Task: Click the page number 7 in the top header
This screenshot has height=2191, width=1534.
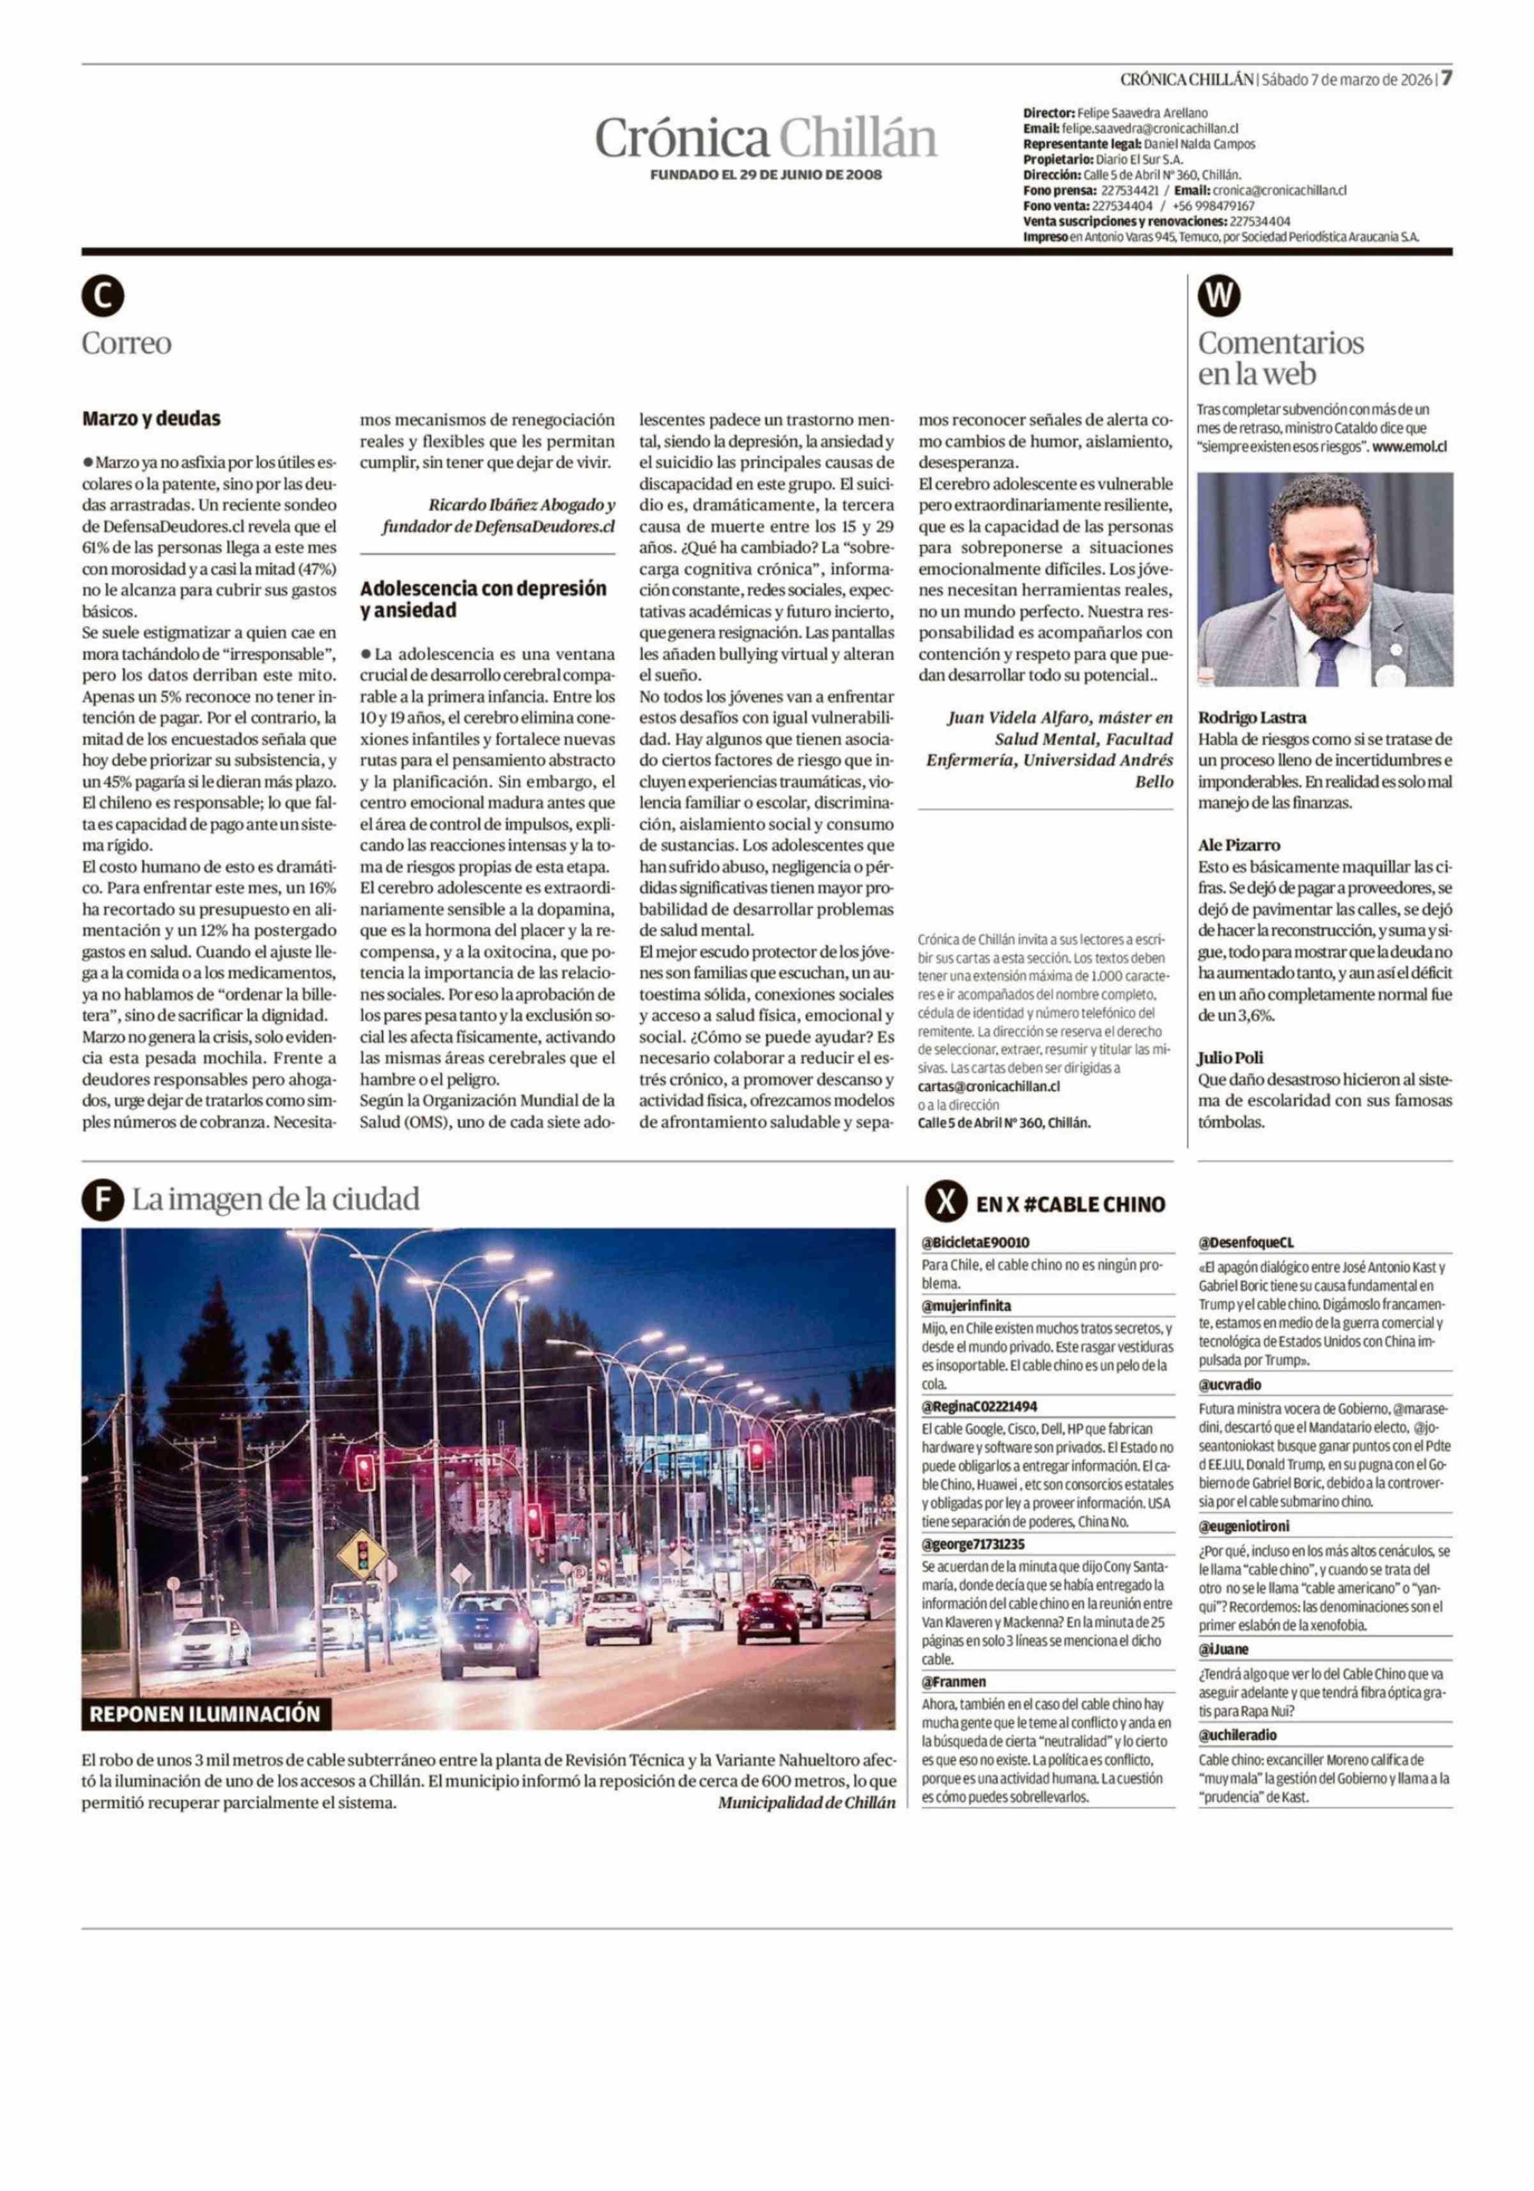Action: (x=1446, y=78)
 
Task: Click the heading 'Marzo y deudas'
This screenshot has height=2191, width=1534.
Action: (x=151, y=418)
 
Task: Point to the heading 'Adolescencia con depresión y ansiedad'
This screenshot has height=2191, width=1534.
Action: (x=483, y=599)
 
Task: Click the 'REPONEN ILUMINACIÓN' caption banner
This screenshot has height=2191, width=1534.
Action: (x=205, y=1713)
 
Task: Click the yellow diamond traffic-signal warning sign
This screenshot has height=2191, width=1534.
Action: (x=362, y=1554)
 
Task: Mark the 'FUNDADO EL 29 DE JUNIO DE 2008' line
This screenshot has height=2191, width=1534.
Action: (x=766, y=174)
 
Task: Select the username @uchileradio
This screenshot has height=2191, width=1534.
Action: (x=1237, y=1735)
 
